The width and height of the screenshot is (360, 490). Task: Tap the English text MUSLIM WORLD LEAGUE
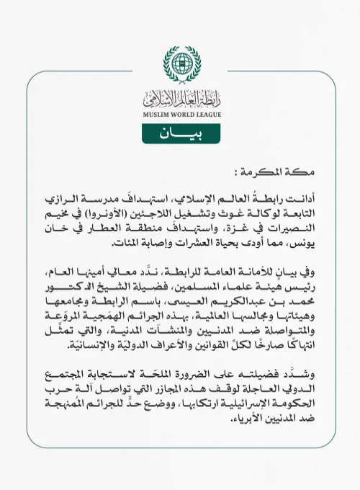tap(179, 112)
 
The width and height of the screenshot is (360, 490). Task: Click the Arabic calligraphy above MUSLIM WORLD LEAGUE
tap(179, 97)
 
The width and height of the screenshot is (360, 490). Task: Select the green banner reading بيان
tap(179, 134)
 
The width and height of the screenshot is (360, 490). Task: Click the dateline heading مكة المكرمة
tap(292, 174)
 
